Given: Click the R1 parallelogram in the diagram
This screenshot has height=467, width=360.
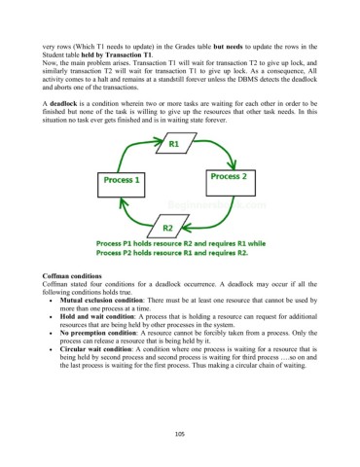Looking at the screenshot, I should click(x=174, y=144).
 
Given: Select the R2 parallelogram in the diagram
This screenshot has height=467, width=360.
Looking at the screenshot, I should click(x=167, y=228).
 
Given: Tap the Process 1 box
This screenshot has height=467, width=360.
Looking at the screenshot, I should click(x=122, y=180).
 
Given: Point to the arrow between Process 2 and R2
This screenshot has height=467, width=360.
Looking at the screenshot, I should click(x=222, y=211).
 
